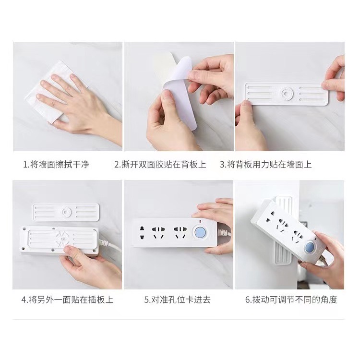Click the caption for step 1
click(56, 165)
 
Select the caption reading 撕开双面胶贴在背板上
click(160, 165)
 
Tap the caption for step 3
click(265, 165)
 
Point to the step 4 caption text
click(67, 300)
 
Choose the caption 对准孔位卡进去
click(177, 300)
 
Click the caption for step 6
click(291, 300)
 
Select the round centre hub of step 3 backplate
click(287, 94)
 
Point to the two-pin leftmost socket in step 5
click(142, 233)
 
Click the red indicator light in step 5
click(200, 222)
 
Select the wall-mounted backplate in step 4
click(66, 212)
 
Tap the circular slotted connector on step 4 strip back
click(61, 239)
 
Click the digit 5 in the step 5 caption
click(146, 300)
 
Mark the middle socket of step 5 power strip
click(158, 233)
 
